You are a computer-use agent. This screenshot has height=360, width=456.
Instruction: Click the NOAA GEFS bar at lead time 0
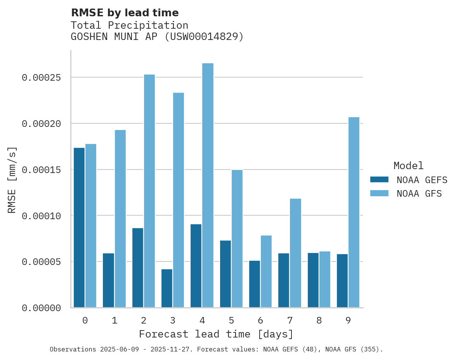pos(79,228)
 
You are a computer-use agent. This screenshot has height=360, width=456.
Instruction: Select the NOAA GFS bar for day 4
pos(208,185)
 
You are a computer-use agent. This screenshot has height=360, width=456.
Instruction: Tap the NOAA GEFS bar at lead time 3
pos(167,288)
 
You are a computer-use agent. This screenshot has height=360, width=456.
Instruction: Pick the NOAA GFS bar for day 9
pos(354,212)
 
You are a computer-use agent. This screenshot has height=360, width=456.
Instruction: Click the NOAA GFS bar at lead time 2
pos(149,191)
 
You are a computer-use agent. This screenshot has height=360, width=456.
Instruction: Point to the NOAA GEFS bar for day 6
pos(255,284)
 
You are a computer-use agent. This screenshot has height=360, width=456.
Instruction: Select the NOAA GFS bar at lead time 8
pos(325,279)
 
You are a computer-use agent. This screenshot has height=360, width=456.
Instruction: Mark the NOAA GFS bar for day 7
pos(295,253)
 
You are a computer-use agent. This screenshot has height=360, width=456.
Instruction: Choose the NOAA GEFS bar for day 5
pos(225,274)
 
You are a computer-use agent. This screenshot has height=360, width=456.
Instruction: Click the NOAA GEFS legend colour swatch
pos(379,180)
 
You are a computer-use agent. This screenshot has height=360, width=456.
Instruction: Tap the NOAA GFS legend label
pos(419,194)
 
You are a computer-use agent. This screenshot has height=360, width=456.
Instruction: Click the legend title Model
pos(408,166)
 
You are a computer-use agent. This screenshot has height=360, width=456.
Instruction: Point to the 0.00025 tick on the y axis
pos(42,78)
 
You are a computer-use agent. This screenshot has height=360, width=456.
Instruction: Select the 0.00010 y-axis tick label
pos(42,216)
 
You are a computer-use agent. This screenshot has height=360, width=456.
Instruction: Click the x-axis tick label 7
pos(290,320)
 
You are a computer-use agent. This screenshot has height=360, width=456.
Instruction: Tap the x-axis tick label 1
pos(114,320)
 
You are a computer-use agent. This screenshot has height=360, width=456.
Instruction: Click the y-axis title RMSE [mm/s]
pos(12,180)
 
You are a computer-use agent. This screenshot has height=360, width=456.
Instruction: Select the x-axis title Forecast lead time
pos(216,334)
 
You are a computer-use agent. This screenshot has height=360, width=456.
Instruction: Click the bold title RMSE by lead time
pos(125,13)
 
